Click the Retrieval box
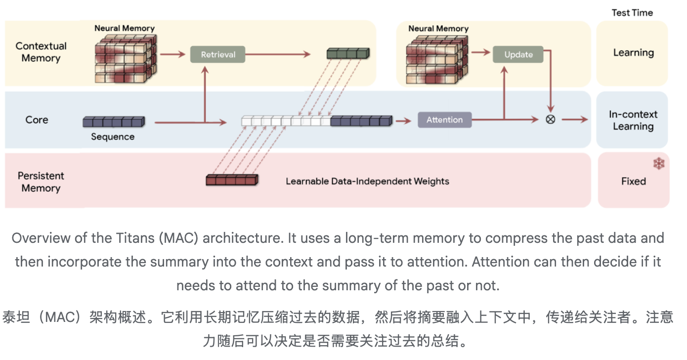218,54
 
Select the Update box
518,54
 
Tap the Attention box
444,120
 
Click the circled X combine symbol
550,119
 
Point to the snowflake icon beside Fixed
658,164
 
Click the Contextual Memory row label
41,52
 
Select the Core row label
37,120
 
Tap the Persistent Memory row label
41,182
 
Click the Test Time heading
632,13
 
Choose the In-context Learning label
633,120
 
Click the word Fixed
633,181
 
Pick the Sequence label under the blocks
113,136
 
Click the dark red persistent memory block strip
232,180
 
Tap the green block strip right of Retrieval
348,53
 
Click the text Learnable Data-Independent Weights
367,181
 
